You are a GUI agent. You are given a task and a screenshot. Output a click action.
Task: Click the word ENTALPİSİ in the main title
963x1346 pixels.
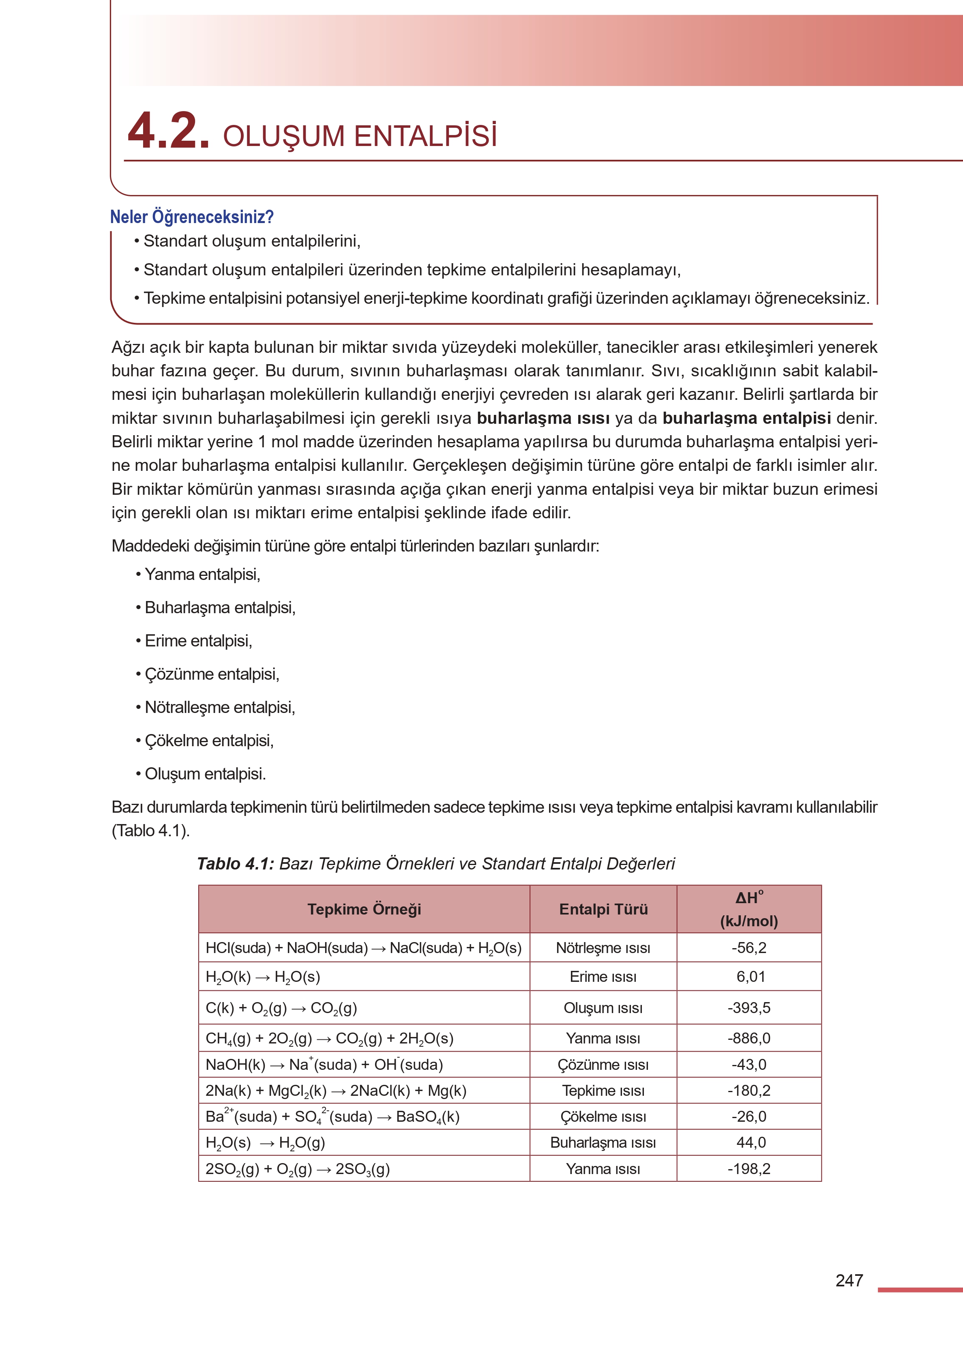[x=425, y=136]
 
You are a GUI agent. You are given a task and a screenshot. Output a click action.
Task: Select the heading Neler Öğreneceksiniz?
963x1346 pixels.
[x=191, y=217]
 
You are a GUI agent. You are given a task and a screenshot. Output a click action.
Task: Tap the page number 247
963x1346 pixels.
[x=849, y=1280]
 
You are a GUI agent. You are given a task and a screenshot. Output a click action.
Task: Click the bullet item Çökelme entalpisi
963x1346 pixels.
[x=209, y=741]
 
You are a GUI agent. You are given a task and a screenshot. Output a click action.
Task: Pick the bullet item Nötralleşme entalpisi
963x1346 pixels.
[x=219, y=707]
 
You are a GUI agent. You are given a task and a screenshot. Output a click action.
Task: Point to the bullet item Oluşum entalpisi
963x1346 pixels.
[x=205, y=774]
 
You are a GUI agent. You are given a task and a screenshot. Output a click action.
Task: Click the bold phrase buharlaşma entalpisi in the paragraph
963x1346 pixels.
[x=746, y=418]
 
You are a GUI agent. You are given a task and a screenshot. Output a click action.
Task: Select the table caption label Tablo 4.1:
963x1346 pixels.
[x=236, y=863]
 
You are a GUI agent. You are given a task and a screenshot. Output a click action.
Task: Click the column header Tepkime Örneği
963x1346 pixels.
[x=364, y=909]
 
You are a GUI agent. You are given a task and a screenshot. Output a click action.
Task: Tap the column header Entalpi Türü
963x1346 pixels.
[x=603, y=909]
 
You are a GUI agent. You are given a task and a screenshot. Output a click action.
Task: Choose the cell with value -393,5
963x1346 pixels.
[x=749, y=1007]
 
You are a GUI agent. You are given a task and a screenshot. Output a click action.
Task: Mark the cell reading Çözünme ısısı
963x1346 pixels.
[x=603, y=1064]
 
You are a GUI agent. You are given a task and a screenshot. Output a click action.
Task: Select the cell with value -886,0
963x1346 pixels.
[x=749, y=1038]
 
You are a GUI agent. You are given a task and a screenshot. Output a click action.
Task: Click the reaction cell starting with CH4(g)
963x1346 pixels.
[x=329, y=1038]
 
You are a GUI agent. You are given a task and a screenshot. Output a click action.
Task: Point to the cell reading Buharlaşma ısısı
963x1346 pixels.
[x=603, y=1142]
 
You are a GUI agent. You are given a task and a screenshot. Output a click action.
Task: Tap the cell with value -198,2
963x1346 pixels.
[x=749, y=1169]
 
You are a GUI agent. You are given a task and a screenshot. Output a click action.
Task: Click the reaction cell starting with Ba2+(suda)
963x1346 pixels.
[x=332, y=1116]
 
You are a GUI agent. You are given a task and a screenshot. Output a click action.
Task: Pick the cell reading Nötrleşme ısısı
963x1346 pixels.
[x=603, y=947]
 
